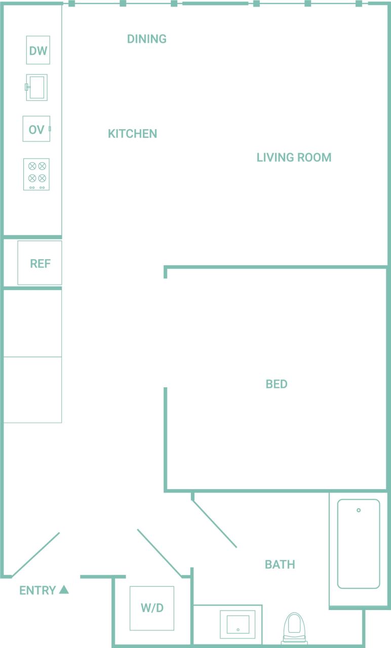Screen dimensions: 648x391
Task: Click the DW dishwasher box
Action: pyautogui.click(x=38, y=50)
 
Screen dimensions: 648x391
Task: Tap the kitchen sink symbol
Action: pyautogui.click(x=37, y=87)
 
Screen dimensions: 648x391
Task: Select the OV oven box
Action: pyautogui.click(x=36, y=129)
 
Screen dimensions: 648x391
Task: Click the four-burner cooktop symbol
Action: pyautogui.click(x=36, y=174)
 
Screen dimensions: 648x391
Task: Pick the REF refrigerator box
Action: pyautogui.click(x=40, y=263)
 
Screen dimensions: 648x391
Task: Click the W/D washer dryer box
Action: pyautogui.click(x=152, y=608)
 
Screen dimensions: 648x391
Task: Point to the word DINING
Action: pyautogui.click(x=146, y=39)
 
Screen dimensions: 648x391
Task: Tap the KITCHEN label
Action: pyautogui.click(x=132, y=134)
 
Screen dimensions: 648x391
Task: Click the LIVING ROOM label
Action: pyautogui.click(x=294, y=157)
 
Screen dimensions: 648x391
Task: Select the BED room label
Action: pyautogui.click(x=277, y=384)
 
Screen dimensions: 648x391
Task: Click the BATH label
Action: pyautogui.click(x=280, y=564)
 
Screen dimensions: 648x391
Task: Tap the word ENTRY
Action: pyautogui.click(x=37, y=590)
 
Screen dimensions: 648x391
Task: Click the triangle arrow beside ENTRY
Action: pyautogui.click(x=64, y=589)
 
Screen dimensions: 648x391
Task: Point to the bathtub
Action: pyautogui.click(x=359, y=544)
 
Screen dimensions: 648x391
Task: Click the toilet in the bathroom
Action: pyautogui.click(x=294, y=628)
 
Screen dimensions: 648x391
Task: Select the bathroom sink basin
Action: pyautogui.click(x=238, y=624)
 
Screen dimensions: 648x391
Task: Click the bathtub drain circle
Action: pyautogui.click(x=359, y=510)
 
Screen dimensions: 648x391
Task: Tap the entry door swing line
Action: pyautogui.click(x=35, y=554)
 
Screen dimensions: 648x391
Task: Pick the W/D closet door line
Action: pyautogui.click(x=160, y=553)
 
